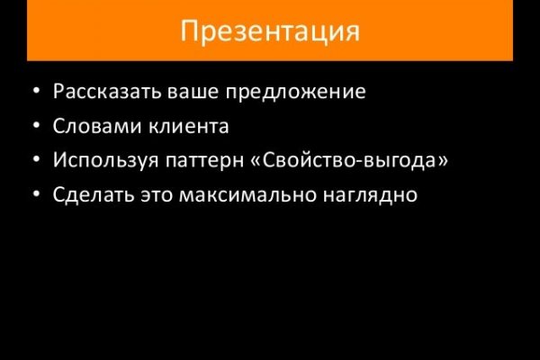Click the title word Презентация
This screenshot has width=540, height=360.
coord(270,31)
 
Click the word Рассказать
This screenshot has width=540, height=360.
coord(100,92)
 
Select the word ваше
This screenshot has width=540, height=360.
coord(179,92)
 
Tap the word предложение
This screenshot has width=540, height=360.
coord(289,93)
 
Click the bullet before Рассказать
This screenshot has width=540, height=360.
coord(34,93)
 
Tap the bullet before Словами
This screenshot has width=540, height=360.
coord(34,127)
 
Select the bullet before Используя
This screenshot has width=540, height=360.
coord(34,161)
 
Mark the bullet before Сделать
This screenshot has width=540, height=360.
coord(34,195)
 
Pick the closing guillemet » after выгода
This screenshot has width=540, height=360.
coord(444,161)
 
